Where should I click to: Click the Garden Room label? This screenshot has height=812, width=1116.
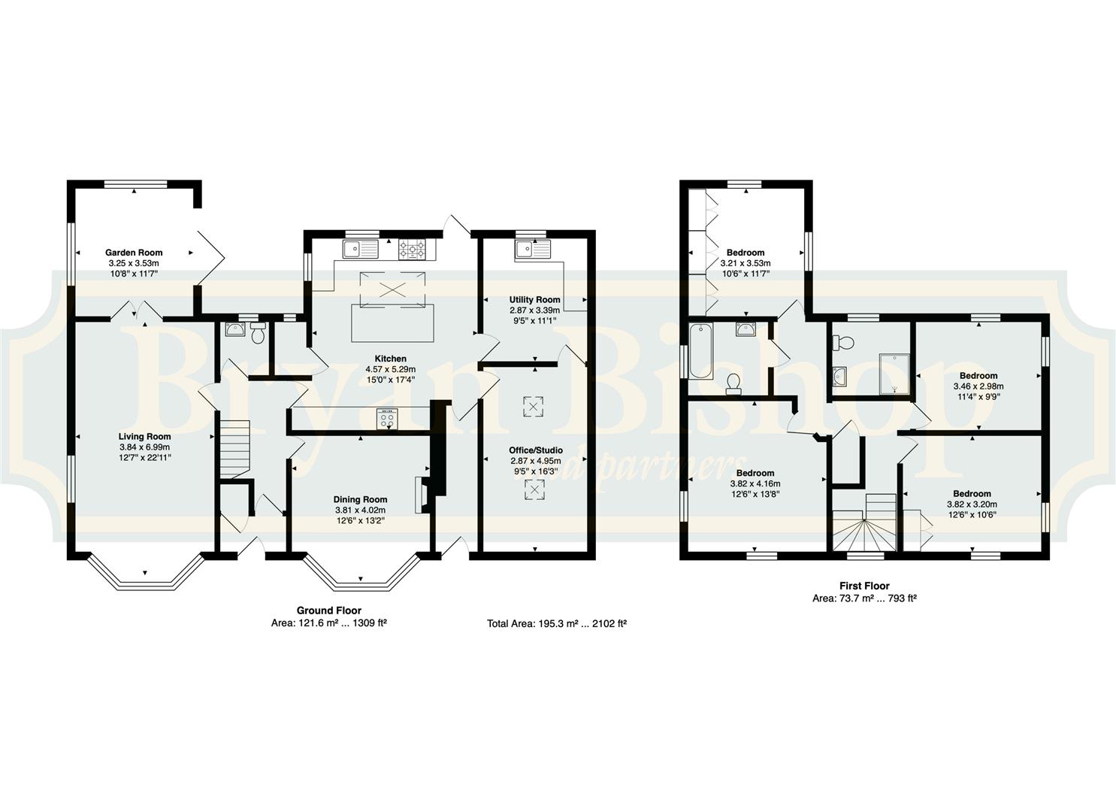coord(134,253)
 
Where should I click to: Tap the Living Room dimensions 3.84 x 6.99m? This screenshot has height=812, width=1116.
coord(144,447)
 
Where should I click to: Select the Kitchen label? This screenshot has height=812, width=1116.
coord(391,359)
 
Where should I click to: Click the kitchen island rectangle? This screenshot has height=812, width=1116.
coord(392,323)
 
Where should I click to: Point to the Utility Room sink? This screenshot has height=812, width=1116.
coord(532,249)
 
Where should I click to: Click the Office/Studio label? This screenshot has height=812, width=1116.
coord(536,450)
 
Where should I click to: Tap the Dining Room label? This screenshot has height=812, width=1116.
coord(360,499)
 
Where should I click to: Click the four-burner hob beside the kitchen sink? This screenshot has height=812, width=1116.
coord(413,249)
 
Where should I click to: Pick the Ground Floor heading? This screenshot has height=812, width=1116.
coord(329,610)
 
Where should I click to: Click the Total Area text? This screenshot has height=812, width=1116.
coord(557,623)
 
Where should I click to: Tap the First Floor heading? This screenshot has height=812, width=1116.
coord(864,586)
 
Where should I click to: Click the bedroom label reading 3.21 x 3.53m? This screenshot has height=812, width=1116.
coord(746,262)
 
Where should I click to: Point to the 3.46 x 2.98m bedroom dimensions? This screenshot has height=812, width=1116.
coord(978,386)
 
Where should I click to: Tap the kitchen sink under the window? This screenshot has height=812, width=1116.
coord(360,249)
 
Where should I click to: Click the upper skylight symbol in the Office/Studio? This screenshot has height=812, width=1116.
coord(533,407)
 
